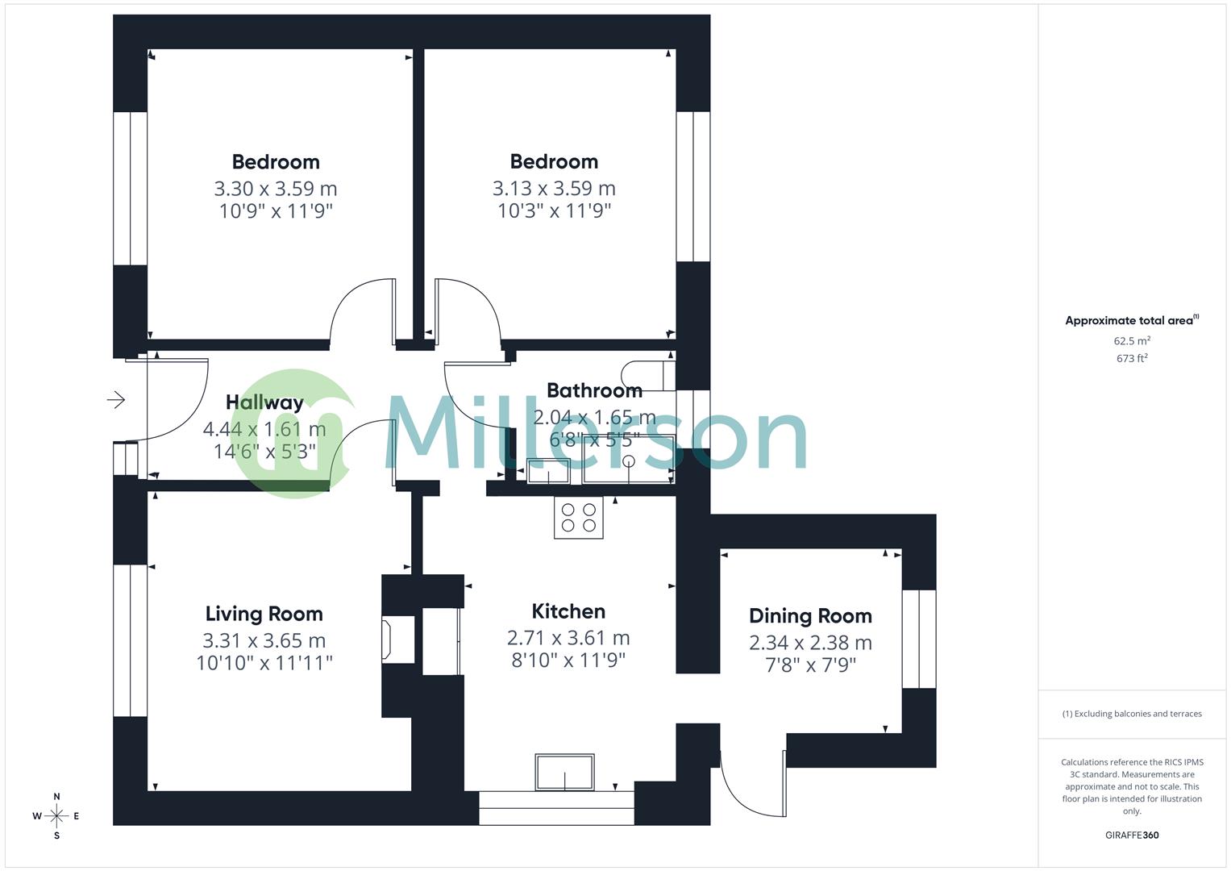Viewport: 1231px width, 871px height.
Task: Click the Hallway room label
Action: pyautogui.click(x=264, y=402)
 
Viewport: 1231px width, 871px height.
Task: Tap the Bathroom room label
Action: pyautogui.click(x=594, y=390)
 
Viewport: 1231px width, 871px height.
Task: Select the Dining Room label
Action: pyautogui.click(x=810, y=616)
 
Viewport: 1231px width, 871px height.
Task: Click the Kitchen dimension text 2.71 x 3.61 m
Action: pyautogui.click(x=568, y=638)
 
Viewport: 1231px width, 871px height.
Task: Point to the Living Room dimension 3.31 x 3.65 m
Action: pyautogui.click(x=264, y=640)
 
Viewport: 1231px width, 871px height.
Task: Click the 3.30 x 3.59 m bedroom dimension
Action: pyautogui.click(x=276, y=189)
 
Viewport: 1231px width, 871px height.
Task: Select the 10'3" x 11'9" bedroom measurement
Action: pyautogui.click(x=554, y=211)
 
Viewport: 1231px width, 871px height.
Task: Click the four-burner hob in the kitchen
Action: pyautogui.click(x=578, y=518)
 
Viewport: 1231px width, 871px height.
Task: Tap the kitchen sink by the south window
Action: pyautogui.click(x=564, y=773)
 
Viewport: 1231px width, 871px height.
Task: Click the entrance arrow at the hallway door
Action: pyautogui.click(x=116, y=399)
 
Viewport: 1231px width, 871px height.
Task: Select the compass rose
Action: pyautogui.click(x=56, y=816)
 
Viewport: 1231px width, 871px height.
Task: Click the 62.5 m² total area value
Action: pyautogui.click(x=1132, y=341)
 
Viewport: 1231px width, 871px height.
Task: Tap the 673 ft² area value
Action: pyautogui.click(x=1132, y=359)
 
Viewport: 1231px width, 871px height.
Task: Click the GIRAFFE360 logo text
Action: pyautogui.click(x=1132, y=836)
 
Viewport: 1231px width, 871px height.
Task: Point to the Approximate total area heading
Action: pyautogui.click(x=1131, y=321)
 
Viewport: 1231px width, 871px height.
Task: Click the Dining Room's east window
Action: pyautogui.click(x=919, y=639)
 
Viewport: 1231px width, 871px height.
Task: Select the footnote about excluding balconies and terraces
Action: pyautogui.click(x=1132, y=714)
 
